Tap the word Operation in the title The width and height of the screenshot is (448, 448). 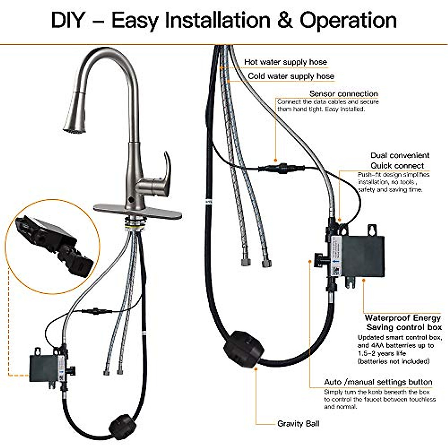[348, 21]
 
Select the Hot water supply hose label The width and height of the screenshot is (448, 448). [285, 62]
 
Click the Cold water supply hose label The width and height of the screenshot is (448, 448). [291, 76]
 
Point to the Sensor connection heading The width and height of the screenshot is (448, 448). [343, 94]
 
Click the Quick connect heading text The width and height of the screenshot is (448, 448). [397, 165]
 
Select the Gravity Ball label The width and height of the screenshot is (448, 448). [298, 424]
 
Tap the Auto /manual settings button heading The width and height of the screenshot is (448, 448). [378, 382]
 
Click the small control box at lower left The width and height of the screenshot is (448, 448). [43, 368]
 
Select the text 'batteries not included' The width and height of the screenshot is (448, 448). [393, 361]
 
